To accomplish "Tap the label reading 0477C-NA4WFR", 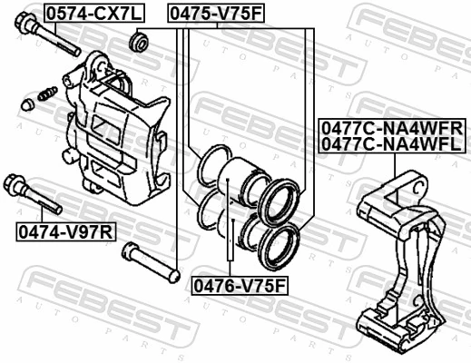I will pyautogui.click(x=391, y=128).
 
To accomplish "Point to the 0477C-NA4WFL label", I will pyautogui.click(x=391, y=143).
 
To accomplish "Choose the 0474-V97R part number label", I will pyautogui.click(x=64, y=231).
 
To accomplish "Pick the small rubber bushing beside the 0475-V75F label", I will pyautogui.click(x=140, y=42).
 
